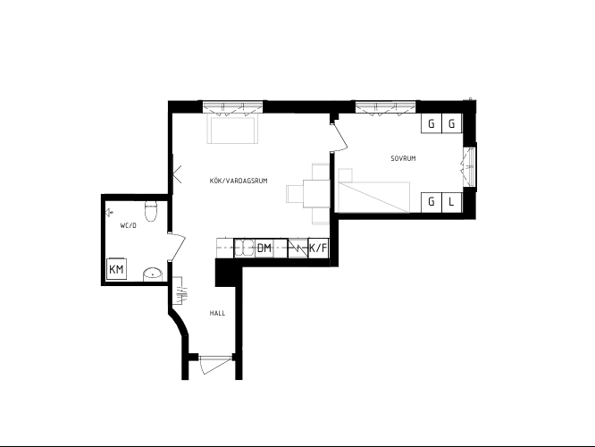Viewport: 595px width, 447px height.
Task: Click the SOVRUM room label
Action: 403,158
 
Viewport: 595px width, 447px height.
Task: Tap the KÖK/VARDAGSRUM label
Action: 239,181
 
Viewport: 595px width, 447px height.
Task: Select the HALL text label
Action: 217,313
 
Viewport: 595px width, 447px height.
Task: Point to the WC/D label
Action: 129,225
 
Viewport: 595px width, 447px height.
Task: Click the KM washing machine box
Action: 116,269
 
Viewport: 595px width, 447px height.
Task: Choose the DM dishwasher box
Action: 264,248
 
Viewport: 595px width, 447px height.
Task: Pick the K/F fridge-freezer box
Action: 318,248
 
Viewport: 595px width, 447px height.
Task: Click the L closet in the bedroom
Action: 451,202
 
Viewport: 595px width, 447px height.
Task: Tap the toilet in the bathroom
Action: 151,212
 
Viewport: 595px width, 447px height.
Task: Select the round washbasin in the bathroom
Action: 153,274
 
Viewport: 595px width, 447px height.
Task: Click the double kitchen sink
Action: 244,248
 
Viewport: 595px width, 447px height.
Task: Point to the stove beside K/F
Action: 297,248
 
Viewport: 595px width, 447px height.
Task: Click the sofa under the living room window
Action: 232,131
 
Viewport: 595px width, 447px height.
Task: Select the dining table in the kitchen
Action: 315,194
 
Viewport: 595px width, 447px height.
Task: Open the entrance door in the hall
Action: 215,364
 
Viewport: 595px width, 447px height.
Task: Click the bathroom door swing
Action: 177,247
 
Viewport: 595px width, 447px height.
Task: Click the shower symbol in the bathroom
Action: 109,213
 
